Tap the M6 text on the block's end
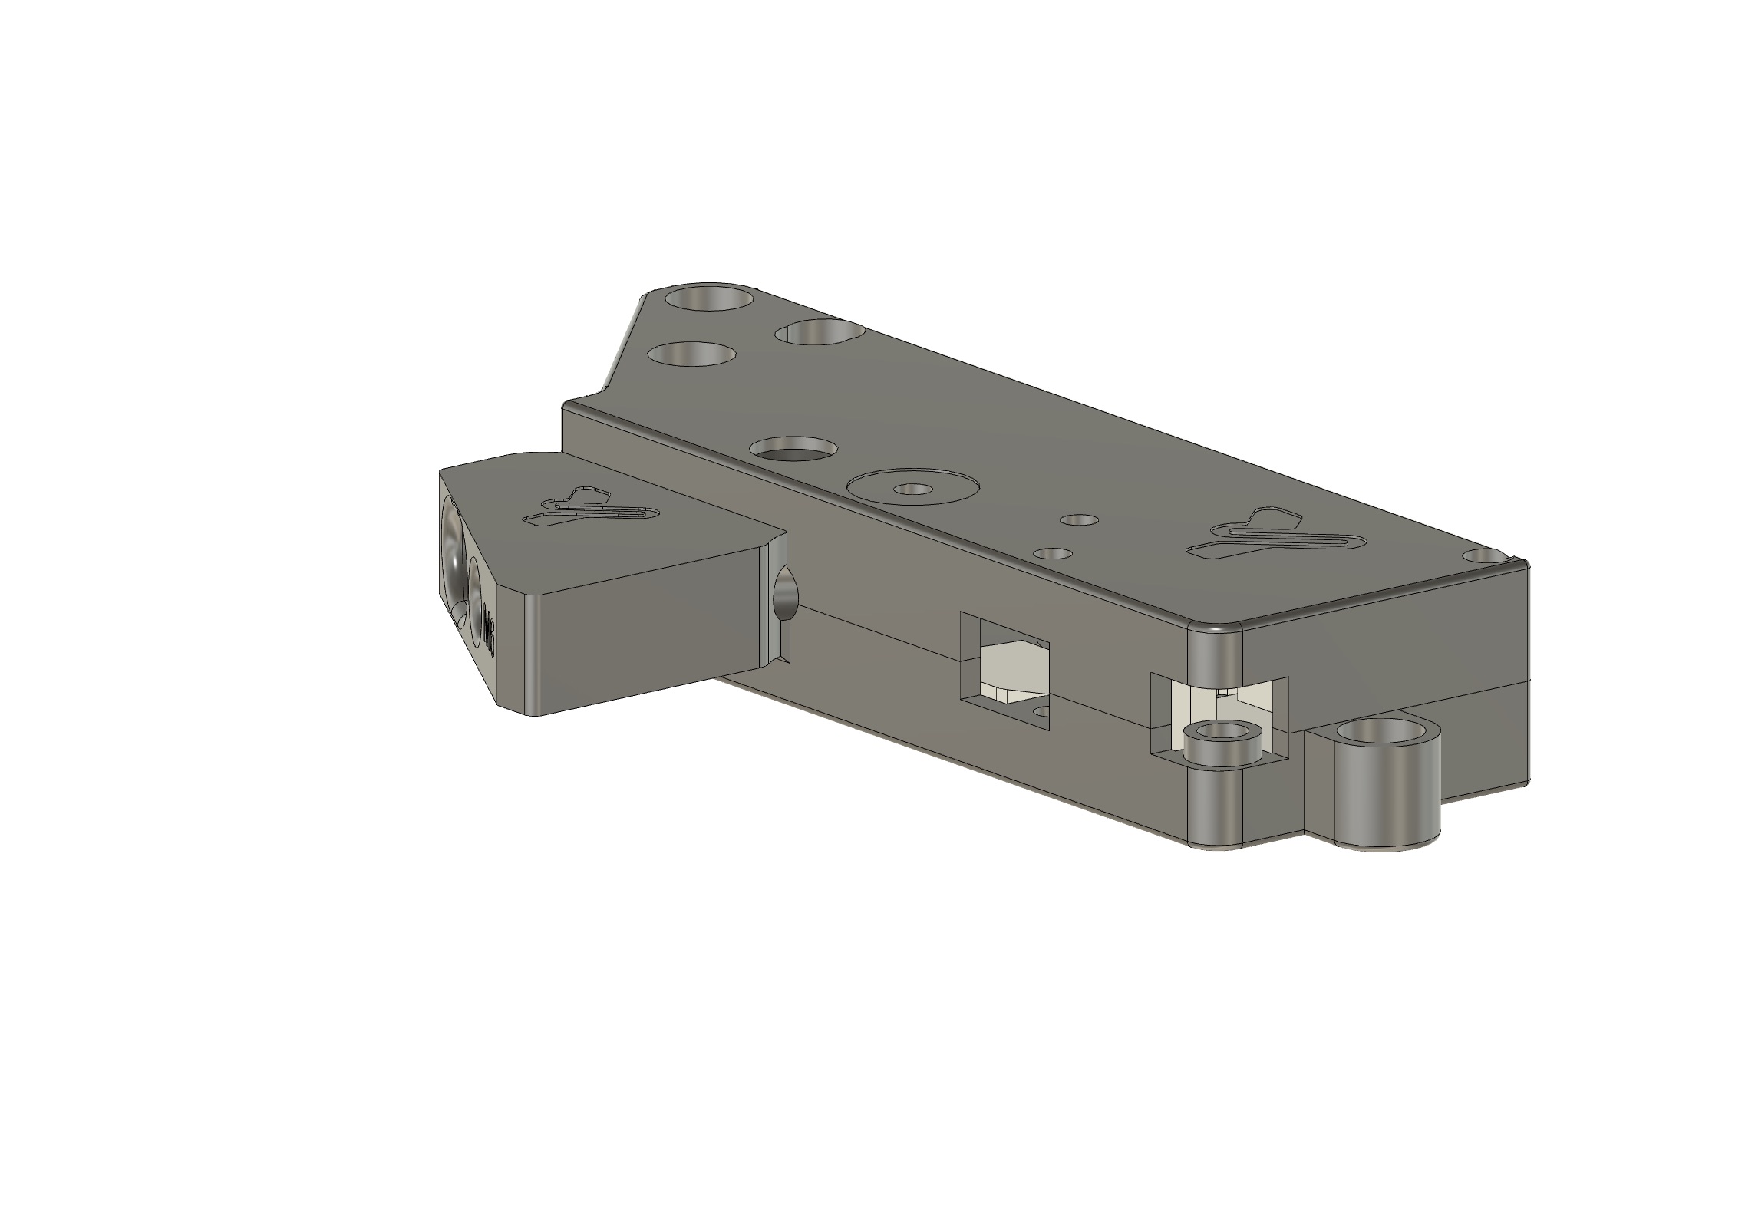[x=490, y=634]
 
